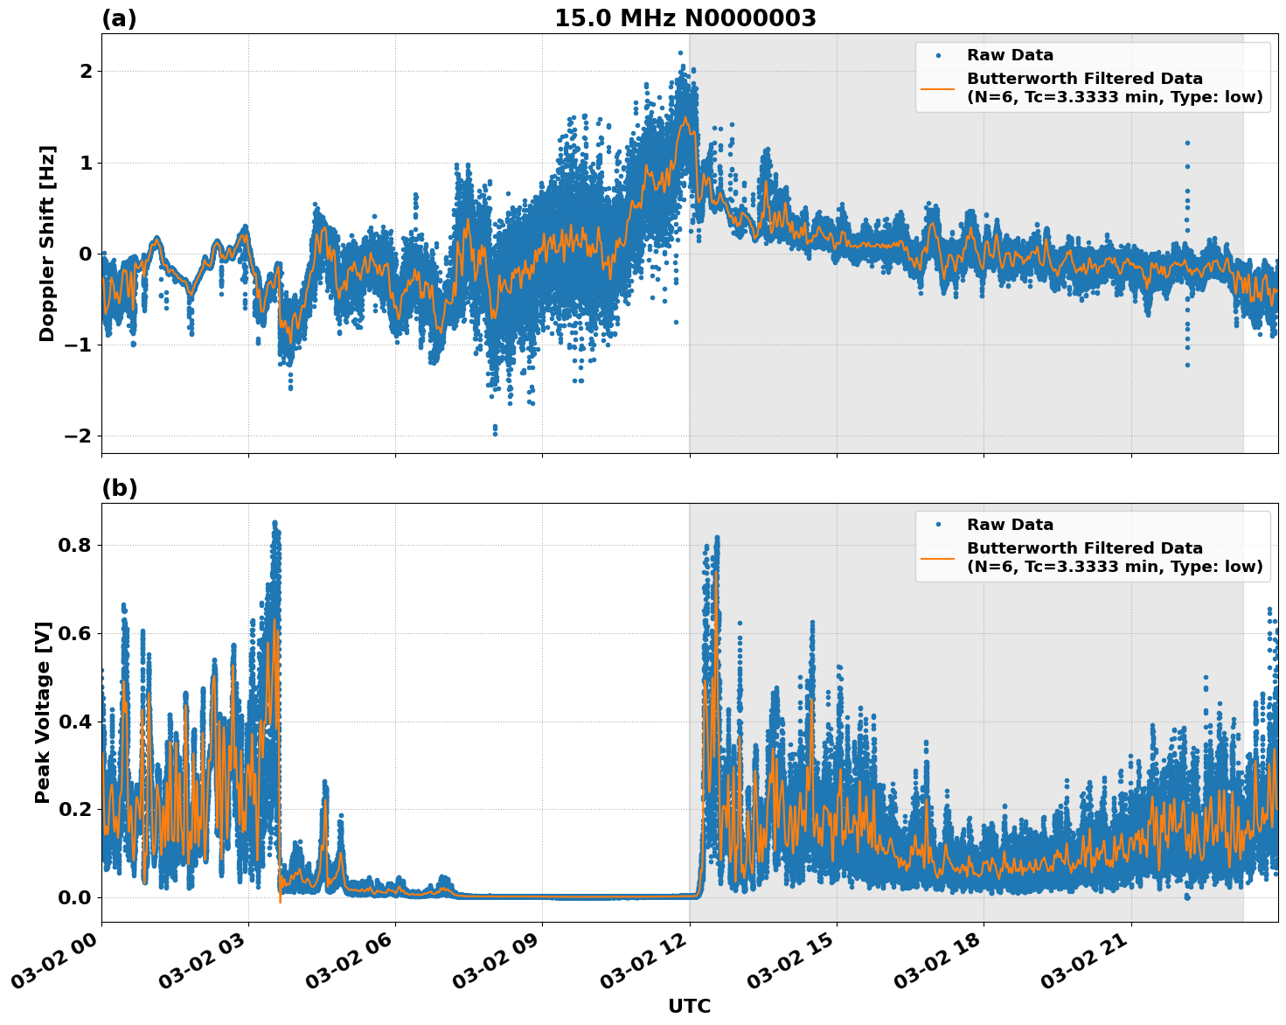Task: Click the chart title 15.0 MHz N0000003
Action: pos(685,18)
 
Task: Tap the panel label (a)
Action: pos(119,18)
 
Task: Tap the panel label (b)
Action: pos(119,488)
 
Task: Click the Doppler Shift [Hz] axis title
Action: pos(47,243)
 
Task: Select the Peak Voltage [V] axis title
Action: pos(43,712)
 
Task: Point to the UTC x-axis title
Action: pos(689,1006)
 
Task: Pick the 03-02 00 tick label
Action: pos(57,962)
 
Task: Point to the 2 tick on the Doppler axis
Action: pos(86,71)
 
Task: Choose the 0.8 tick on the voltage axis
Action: pos(73,545)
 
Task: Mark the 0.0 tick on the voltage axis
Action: pos(73,897)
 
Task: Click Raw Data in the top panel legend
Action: pos(1010,56)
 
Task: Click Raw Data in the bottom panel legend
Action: pos(1010,525)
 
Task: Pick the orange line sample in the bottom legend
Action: pos(938,557)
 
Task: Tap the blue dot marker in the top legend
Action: pos(938,56)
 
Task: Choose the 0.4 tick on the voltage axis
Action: pos(73,722)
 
